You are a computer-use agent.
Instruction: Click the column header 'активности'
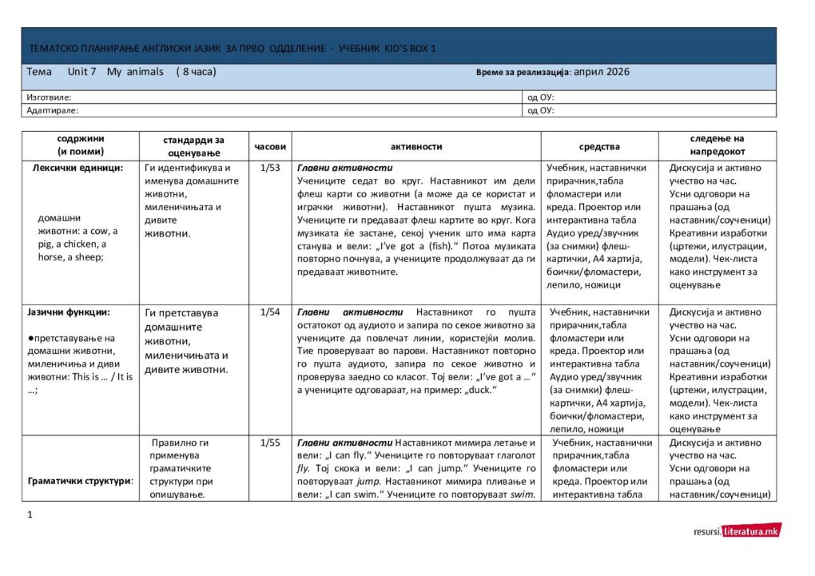coord(416,146)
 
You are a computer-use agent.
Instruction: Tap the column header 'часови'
coord(269,146)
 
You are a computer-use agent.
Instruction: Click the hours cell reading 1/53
coord(269,169)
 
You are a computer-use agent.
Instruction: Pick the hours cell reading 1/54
coord(269,312)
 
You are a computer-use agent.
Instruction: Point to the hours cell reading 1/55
coord(269,443)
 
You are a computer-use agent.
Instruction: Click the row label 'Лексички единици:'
coord(78,169)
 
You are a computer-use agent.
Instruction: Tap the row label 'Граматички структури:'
coord(80,482)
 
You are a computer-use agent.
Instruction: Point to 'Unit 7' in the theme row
coord(81,72)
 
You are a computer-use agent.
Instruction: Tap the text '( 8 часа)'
coord(196,72)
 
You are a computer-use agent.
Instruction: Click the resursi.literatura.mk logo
coord(737,530)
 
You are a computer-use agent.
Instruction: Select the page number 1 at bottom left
coord(30,514)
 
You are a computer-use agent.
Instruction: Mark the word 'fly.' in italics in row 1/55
coord(304,468)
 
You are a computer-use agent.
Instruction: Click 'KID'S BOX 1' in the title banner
coord(407,49)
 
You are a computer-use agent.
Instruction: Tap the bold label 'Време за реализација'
coord(523,73)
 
